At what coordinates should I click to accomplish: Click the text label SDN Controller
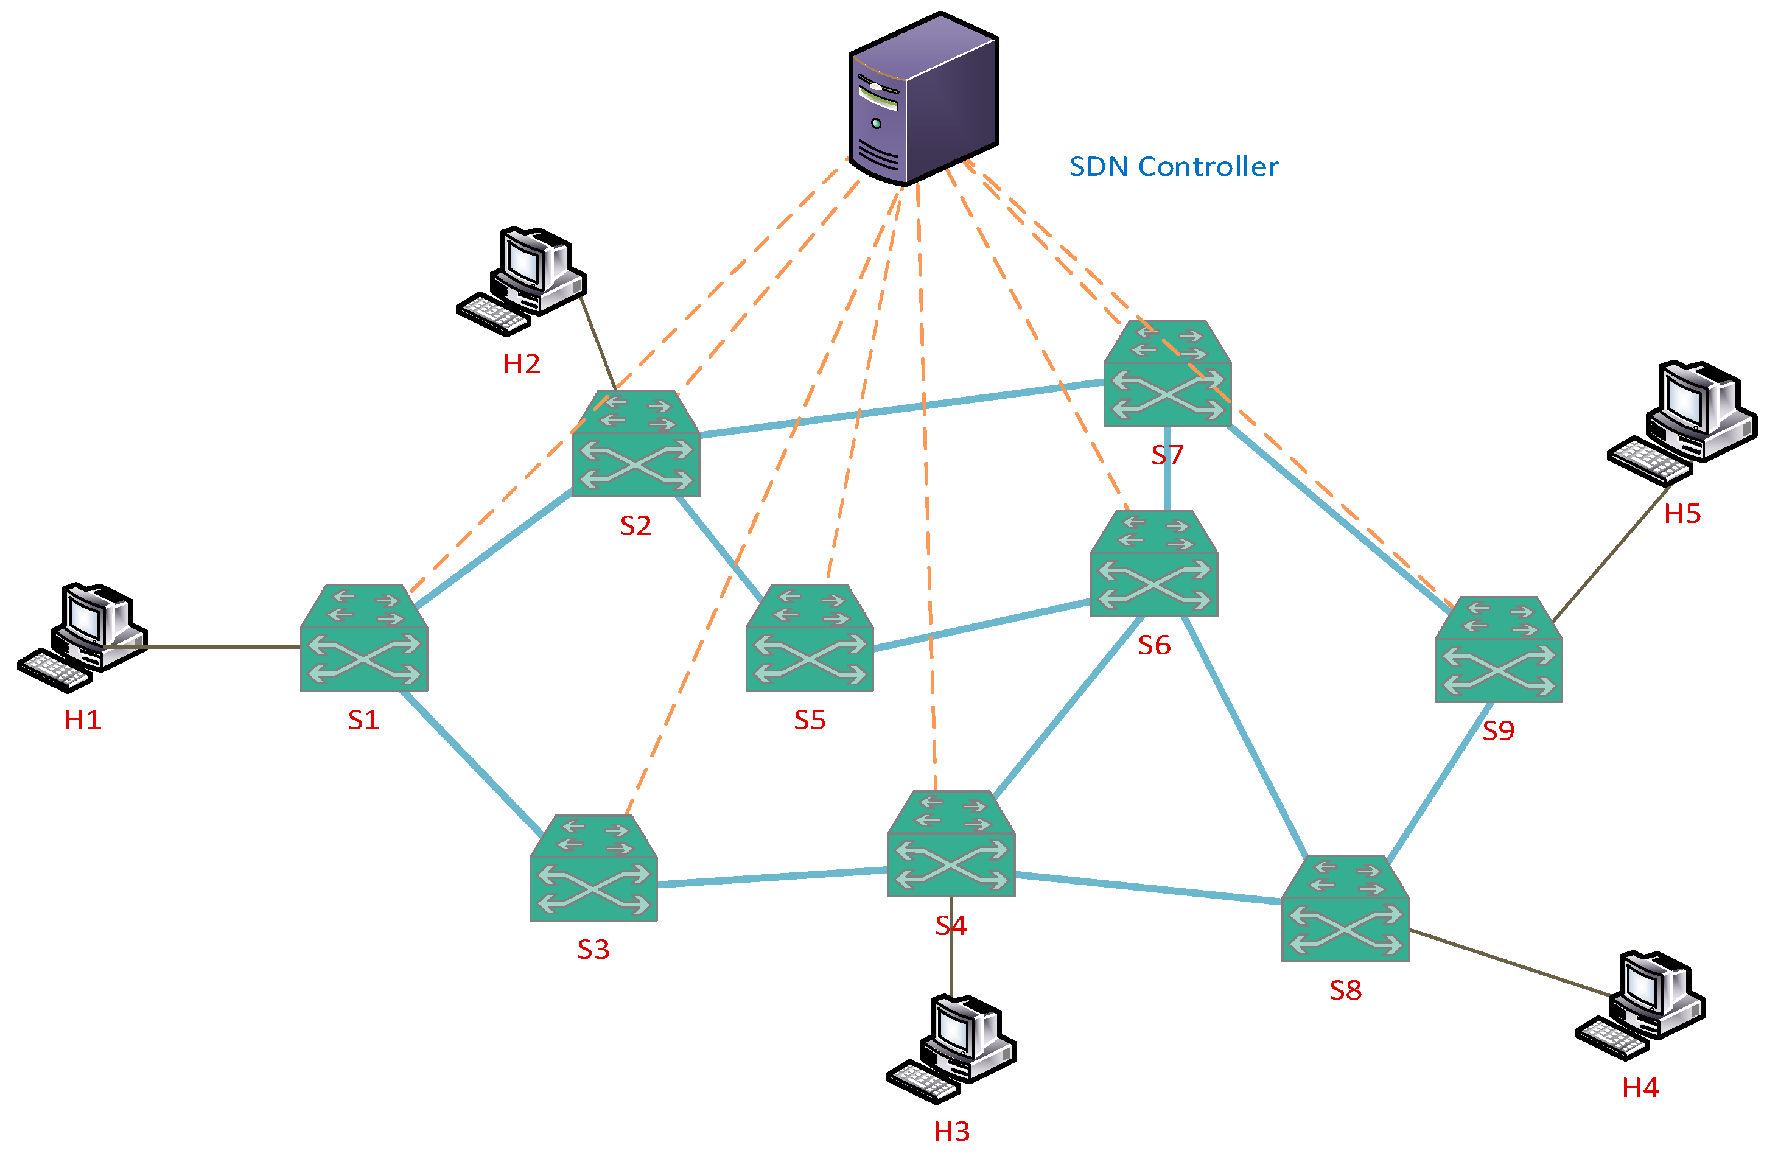pyautogui.click(x=1173, y=167)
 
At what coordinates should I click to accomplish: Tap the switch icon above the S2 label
pyautogui.click(x=635, y=444)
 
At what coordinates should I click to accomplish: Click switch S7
pyautogui.click(x=1167, y=374)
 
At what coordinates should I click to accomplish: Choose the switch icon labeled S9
pyautogui.click(x=1498, y=650)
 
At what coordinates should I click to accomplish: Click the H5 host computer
pyautogui.click(x=1681, y=422)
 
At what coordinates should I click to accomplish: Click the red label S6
pyautogui.click(x=1153, y=645)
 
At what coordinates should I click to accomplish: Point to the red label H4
pyautogui.click(x=1640, y=1087)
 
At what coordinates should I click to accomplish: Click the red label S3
pyautogui.click(x=593, y=949)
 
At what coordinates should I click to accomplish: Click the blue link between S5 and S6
pyautogui.click(x=982, y=625)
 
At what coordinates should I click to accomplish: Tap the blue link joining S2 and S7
pyautogui.click(x=901, y=408)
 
